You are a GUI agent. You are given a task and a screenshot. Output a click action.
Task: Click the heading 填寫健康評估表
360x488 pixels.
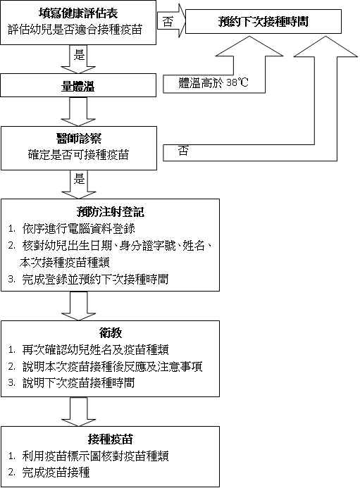[78, 13]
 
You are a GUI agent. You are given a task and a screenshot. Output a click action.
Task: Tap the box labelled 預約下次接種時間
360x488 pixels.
[263, 21]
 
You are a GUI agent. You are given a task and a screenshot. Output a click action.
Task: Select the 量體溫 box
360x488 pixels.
[78, 85]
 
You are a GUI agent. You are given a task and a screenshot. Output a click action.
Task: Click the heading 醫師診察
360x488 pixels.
[79, 139]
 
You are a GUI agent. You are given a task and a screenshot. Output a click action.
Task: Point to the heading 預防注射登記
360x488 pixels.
[110, 212]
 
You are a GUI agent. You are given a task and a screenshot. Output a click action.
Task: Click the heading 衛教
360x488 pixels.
[110, 333]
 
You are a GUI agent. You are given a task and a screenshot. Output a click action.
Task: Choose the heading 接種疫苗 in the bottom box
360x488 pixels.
[110, 439]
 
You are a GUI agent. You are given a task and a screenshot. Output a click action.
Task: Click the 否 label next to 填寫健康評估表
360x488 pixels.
[168, 22]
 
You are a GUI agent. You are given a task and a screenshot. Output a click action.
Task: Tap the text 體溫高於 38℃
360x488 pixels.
[213, 83]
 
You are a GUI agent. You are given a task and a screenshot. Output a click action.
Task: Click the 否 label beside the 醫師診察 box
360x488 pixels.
[183, 151]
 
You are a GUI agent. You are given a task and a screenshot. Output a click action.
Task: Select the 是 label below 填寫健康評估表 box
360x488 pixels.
[79, 55]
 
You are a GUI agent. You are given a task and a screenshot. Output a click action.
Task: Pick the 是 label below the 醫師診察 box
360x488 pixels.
[79, 179]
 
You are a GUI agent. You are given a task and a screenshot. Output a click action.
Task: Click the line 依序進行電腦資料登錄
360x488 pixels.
[78, 229]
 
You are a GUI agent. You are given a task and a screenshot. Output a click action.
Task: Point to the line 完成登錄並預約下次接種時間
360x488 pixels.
[95, 279]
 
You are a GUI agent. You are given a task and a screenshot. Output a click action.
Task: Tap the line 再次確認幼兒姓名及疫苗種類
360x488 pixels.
[95, 350]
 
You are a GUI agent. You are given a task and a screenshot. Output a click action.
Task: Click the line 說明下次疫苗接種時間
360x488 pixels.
[78, 383]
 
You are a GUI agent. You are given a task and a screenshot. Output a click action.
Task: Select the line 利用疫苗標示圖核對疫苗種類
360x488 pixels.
[95, 456]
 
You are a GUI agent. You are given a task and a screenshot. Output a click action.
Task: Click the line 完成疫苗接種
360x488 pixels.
[56, 473]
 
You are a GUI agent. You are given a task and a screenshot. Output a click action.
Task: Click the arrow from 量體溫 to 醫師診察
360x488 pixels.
[78, 112]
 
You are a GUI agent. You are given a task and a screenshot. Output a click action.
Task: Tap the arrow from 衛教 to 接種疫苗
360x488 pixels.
[78, 412]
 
